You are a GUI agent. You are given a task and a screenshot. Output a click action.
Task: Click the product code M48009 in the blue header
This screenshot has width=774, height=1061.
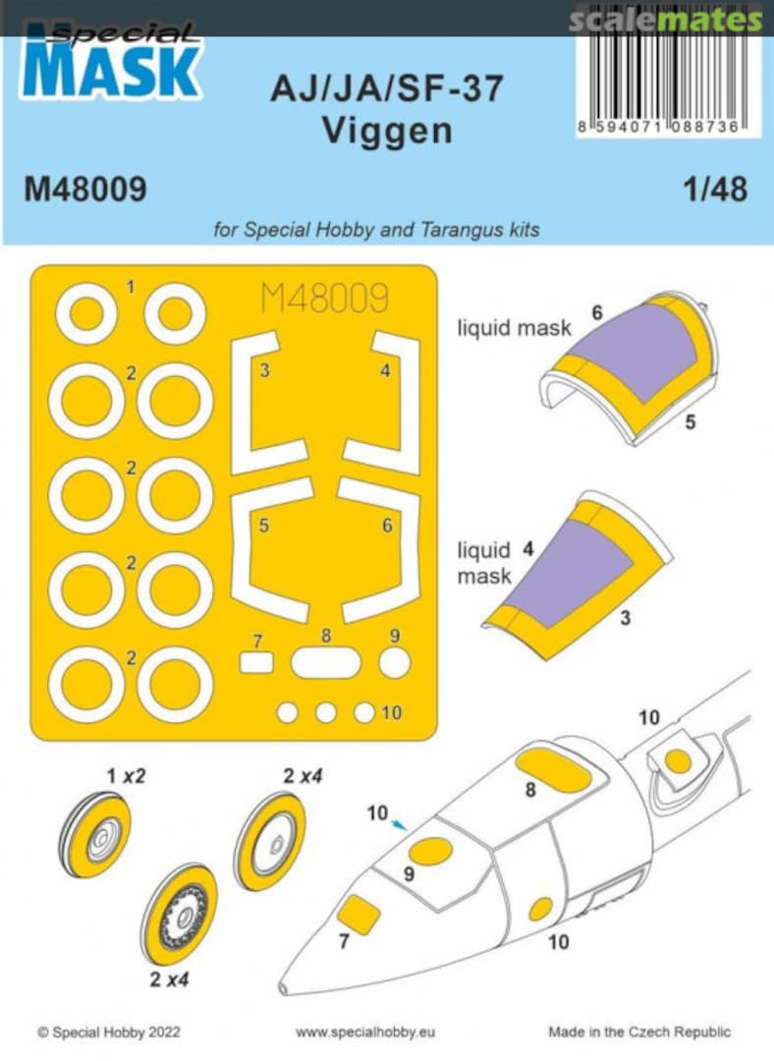[86, 189]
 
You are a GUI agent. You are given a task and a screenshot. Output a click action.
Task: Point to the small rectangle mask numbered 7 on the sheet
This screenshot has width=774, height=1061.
[256, 663]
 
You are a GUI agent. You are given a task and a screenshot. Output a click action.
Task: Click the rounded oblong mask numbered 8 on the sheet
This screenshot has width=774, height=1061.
[326, 663]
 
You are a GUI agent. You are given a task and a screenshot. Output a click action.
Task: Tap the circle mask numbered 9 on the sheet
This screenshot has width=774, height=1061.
[394, 663]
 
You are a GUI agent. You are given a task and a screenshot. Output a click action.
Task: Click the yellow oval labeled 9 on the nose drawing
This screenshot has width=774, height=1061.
[430, 852]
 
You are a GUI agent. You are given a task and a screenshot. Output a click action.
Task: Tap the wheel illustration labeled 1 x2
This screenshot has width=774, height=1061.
[98, 831]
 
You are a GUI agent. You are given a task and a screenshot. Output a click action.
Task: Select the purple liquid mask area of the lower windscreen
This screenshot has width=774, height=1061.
[570, 570]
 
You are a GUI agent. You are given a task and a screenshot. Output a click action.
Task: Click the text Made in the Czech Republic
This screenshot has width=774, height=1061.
[639, 1033]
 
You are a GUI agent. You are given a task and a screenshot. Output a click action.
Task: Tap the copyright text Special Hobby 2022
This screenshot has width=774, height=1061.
[108, 1033]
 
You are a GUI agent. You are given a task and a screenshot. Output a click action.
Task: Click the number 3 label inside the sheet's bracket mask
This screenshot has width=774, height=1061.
[265, 370]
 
